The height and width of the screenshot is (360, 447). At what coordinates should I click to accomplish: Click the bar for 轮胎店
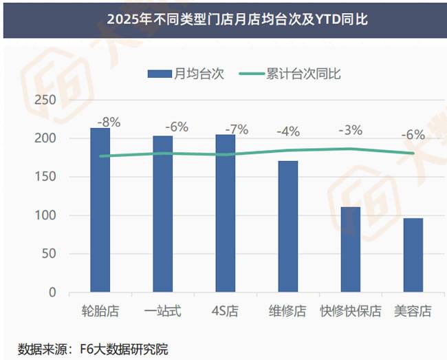(x=100, y=210)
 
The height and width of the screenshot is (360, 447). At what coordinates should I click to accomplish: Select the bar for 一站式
(x=163, y=213)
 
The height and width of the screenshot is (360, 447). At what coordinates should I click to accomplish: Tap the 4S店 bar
(x=226, y=213)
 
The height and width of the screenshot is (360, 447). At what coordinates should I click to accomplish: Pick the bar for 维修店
(x=288, y=226)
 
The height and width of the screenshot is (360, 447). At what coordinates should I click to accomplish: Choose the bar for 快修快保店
(x=351, y=249)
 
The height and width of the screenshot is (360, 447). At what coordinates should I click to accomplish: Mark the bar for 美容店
(x=413, y=255)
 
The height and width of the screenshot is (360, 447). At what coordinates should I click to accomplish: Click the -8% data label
(x=109, y=123)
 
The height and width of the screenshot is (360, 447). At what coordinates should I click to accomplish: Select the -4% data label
(x=288, y=131)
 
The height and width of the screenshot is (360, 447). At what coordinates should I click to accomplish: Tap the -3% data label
(x=351, y=130)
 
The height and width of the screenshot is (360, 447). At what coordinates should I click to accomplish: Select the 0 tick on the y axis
(x=52, y=293)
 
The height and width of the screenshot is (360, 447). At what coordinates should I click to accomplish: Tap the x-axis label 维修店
(x=287, y=311)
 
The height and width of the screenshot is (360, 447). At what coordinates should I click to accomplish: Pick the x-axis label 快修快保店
(x=350, y=311)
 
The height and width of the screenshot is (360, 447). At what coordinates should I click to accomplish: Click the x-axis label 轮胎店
(x=100, y=311)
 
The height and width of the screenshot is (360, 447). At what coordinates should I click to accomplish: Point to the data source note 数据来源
(x=93, y=348)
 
